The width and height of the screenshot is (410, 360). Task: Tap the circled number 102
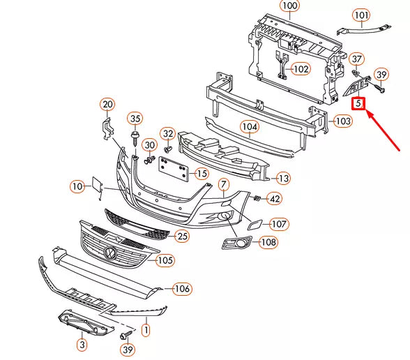click(x=301, y=69)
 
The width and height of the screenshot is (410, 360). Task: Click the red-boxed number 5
click(x=358, y=104)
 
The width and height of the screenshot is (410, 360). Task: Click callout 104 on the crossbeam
click(x=249, y=127)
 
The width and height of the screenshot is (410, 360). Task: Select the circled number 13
click(x=282, y=178)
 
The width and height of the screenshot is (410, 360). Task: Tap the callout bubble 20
click(x=107, y=105)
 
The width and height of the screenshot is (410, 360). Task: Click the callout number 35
click(x=135, y=118)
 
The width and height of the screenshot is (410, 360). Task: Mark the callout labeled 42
click(x=275, y=200)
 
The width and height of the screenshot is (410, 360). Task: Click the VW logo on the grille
click(x=110, y=252)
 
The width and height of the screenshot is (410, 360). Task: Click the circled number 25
click(x=182, y=237)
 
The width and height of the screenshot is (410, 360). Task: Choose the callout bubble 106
click(x=182, y=288)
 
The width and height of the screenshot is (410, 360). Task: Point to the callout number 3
click(x=82, y=344)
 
